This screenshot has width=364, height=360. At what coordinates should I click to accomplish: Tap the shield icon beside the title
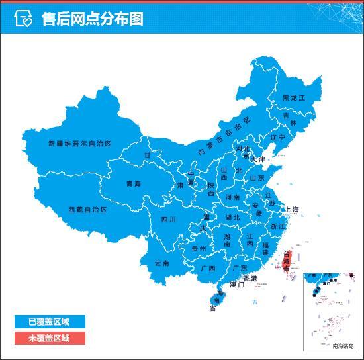click(23, 19)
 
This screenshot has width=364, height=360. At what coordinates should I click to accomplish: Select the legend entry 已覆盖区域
click(48, 322)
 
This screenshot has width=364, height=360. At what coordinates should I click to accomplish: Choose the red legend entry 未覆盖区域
click(48, 337)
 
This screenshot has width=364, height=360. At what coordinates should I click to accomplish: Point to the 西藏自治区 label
click(87, 209)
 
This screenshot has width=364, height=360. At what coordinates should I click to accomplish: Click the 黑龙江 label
click(294, 98)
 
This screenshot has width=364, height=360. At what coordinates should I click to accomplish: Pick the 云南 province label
click(162, 263)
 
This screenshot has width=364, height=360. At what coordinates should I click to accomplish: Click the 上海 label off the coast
click(292, 210)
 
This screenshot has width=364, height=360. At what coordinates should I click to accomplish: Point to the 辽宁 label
click(277, 138)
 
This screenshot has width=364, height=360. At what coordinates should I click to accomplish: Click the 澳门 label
click(237, 285)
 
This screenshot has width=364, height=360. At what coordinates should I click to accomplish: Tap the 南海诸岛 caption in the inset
click(343, 345)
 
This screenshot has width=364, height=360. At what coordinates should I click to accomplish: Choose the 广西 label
click(207, 269)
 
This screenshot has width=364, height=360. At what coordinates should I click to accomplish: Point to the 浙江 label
click(278, 226)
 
